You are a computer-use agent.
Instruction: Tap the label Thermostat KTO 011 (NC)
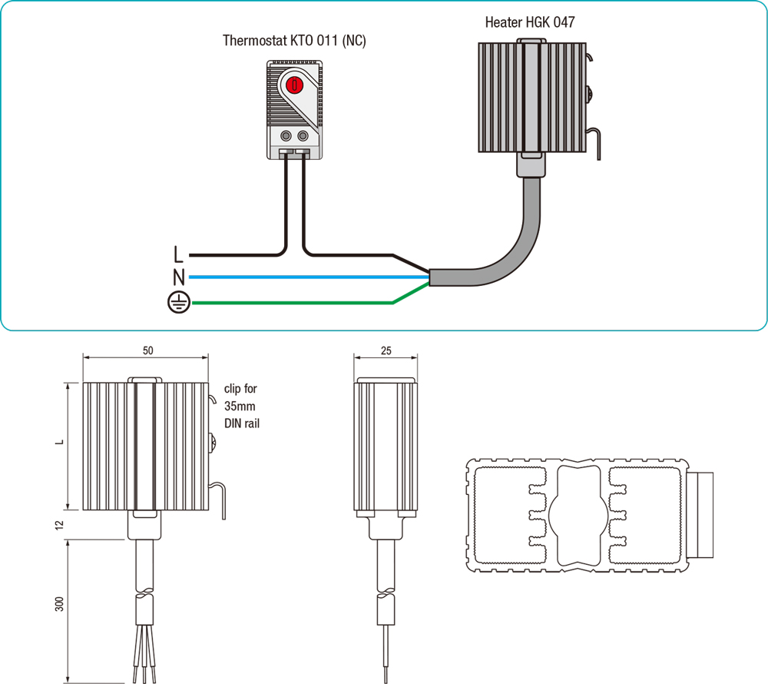[x=294, y=40]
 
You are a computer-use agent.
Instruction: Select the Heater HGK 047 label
[x=529, y=22]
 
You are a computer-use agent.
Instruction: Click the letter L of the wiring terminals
[x=178, y=254]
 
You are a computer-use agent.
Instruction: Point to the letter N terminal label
[x=178, y=277]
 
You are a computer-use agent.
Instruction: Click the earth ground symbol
[x=178, y=304]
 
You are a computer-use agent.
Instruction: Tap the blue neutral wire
[x=307, y=277]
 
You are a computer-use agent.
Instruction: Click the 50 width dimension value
[x=147, y=350]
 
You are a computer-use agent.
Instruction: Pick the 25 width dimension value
[x=386, y=350]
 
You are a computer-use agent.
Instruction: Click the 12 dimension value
[x=59, y=525]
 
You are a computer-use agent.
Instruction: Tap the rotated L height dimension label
[x=59, y=445]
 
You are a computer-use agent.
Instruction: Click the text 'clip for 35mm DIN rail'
[x=240, y=406]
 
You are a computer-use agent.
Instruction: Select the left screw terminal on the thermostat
[x=286, y=136]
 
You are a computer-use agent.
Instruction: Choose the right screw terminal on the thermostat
[x=303, y=136]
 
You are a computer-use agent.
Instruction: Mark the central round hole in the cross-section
[x=577, y=513]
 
